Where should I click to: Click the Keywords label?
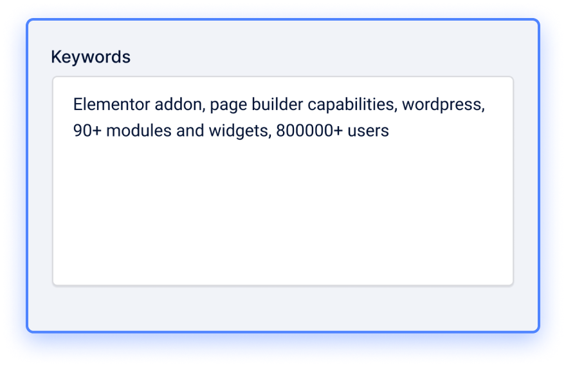click(91, 57)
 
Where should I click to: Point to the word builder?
click(277, 104)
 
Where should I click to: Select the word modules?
click(139, 131)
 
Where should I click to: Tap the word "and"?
click(190, 131)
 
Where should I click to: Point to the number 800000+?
click(309, 131)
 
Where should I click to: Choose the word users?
click(368, 131)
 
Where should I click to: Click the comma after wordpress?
click(483, 110)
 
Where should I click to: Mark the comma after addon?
click(204, 110)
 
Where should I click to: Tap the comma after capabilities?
click(396, 110)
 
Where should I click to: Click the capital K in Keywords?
click(57, 57)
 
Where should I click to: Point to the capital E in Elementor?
click(78, 104)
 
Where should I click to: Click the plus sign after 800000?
click(338, 131)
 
